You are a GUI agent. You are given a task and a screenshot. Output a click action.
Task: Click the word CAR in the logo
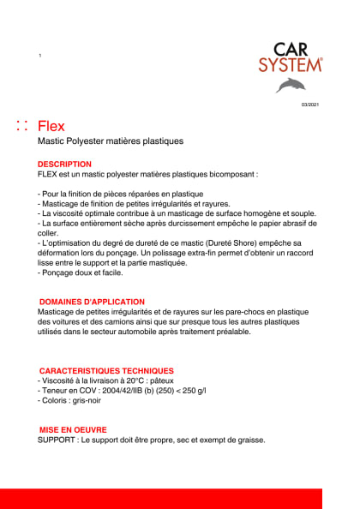[291, 50]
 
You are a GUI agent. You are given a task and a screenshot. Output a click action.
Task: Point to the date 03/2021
[309, 105]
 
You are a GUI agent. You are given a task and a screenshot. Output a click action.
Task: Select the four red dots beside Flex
[22, 127]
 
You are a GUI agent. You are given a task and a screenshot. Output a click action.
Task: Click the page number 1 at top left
[40, 56]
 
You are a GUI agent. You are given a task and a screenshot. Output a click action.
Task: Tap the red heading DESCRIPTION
[64, 163]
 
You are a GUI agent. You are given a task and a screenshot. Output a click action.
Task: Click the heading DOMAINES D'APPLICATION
[93, 302]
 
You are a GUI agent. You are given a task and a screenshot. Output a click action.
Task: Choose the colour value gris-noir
[87, 401]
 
